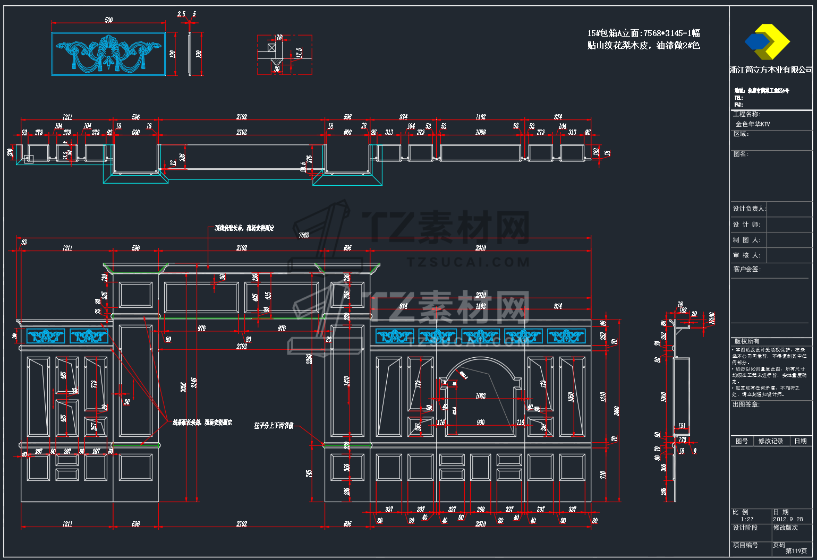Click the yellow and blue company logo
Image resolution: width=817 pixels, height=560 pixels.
click(x=767, y=41)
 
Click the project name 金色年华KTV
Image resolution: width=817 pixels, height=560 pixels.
click(x=753, y=124)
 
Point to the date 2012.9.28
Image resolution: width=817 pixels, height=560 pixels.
click(x=788, y=519)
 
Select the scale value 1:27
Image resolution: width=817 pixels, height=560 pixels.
click(x=747, y=519)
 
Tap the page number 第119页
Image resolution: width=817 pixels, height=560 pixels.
click(x=796, y=551)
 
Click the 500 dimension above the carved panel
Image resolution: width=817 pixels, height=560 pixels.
click(x=109, y=20)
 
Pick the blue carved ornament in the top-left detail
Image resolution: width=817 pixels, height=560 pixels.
click(x=108, y=54)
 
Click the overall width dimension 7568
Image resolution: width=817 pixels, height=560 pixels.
click(x=304, y=235)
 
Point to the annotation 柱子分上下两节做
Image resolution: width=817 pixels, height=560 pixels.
click(x=274, y=426)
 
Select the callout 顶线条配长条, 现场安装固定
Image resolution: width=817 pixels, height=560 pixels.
click(x=244, y=228)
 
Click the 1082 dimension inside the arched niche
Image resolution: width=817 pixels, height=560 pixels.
click(x=481, y=395)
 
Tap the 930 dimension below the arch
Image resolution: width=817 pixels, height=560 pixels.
click(x=481, y=423)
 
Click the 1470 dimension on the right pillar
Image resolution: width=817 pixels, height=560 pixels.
click(x=347, y=381)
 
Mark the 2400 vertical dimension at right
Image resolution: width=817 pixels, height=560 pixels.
click(x=616, y=410)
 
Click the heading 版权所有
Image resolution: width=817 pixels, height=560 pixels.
click(x=746, y=341)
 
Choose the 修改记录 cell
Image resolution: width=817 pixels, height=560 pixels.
click(x=770, y=441)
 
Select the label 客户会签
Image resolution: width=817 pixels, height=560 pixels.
click(x=746, y=269)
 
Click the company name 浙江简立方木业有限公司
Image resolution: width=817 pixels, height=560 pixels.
click(x=771, y=70)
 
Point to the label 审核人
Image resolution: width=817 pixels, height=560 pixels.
click(x=746, y=255)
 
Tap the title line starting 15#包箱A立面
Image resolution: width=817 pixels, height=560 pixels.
click(x=643, y=33)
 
